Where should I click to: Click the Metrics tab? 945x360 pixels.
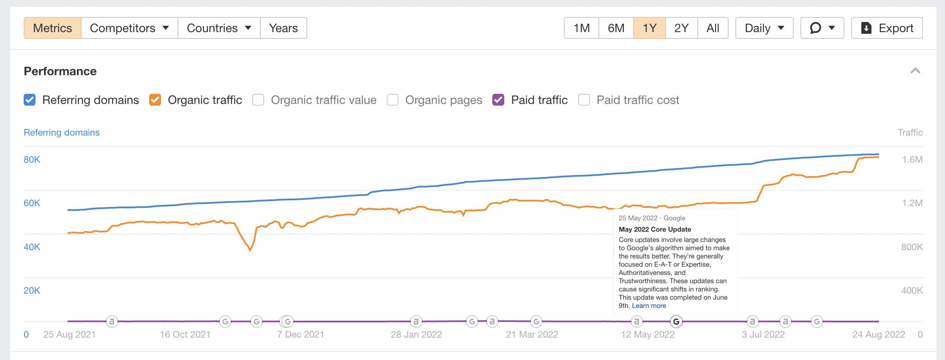coord(52,28)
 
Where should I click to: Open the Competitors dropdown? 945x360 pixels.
coord(129,28)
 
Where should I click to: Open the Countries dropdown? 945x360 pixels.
coord(219,28)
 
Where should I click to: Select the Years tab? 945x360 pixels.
coord(283,28)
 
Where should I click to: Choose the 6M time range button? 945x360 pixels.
coord(616,28)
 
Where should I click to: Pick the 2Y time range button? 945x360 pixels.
coord(681,28)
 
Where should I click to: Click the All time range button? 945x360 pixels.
coord(713,28)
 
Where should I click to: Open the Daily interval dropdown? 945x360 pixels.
coord(764,28)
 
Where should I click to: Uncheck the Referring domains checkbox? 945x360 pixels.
coord(30,100)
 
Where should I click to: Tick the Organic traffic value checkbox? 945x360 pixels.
coord(258,100)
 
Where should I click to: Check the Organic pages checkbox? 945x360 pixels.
coord(393,100)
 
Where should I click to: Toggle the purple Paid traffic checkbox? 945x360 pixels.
coord(498,100)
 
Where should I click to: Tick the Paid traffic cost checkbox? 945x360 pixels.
coord(584,100)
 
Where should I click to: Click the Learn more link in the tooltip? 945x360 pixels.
coord(649,305)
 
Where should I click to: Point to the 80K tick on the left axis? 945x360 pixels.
coord(32,160)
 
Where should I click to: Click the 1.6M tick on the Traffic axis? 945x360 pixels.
coord(912,160)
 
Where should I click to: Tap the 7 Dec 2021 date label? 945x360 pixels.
coord(300,334)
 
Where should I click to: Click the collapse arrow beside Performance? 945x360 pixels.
coord(915,71)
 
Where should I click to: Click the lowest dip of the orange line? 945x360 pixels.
coord(250,250)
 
